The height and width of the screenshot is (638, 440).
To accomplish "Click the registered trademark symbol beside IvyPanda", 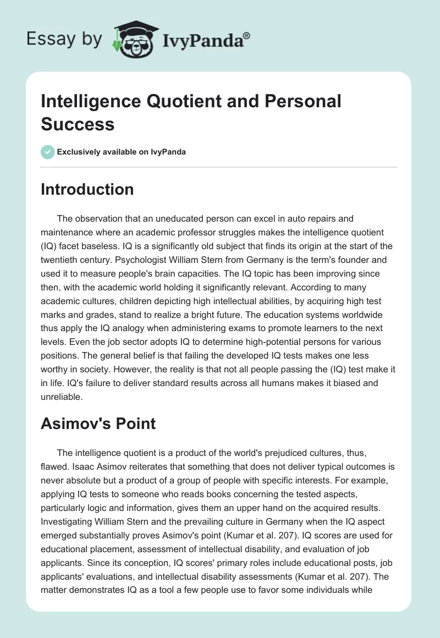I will point(247,36).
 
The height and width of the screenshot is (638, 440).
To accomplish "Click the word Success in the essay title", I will point(78,124).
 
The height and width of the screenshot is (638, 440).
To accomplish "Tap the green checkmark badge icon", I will point(48,152).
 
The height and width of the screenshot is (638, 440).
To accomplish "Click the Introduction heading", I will point(87,189).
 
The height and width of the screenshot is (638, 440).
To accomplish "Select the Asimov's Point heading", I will point(98,424).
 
